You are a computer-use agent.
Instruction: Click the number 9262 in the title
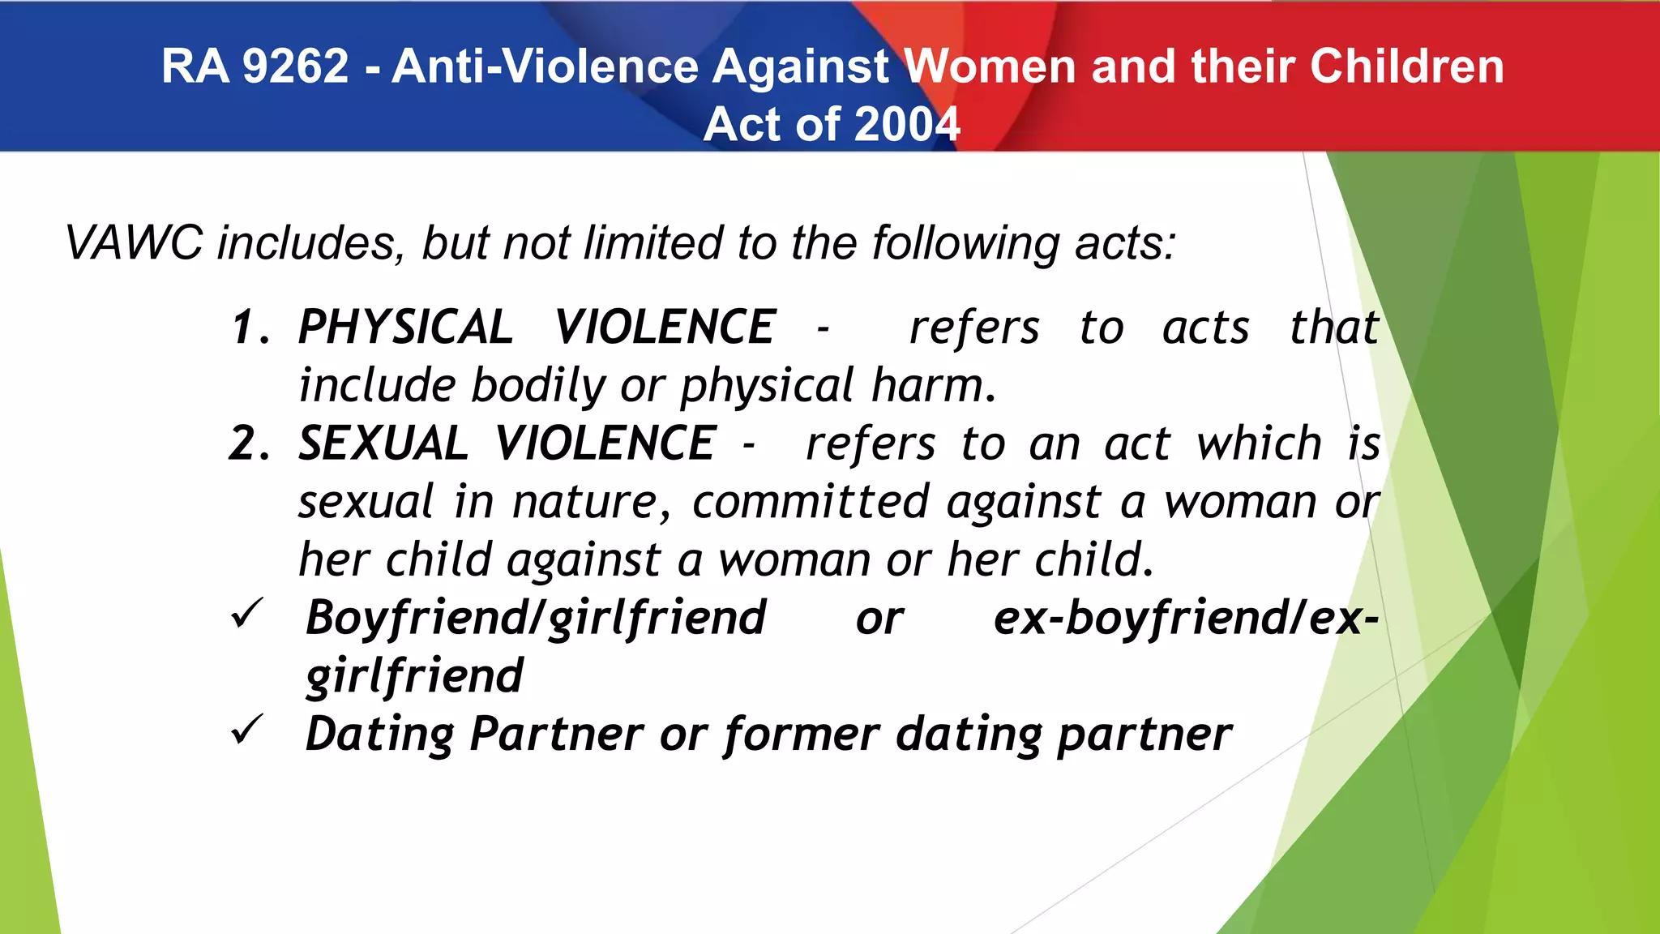tap(295, 66)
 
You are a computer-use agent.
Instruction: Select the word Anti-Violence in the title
tap(544, 66)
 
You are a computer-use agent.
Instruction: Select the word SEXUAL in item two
tap(383, 443)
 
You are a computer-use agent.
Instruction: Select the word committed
tap(810, 502)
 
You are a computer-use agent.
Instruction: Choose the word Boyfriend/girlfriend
tap(536, 619)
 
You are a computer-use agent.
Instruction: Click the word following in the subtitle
tap(965, 244)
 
